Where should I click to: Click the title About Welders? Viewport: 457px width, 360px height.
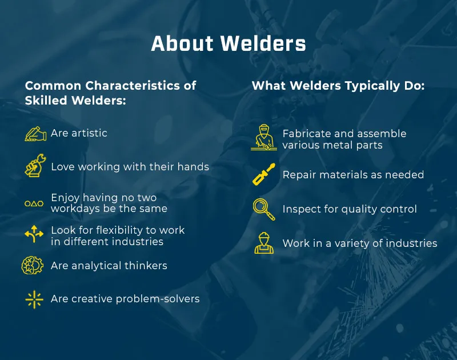(x=228, y=44)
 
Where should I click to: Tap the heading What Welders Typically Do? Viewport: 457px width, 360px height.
(x=338, y=86)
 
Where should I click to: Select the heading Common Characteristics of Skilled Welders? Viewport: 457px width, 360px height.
(x=110, y=93)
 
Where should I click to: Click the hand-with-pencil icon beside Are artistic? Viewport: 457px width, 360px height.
(x=35, y=134)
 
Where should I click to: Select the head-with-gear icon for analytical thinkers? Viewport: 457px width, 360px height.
(x=32, y=266)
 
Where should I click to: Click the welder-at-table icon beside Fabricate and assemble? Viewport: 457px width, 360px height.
(x=263, y=138)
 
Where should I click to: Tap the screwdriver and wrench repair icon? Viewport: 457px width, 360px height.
(x=263, y=174)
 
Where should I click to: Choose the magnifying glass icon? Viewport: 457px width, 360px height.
(x=263, y=209)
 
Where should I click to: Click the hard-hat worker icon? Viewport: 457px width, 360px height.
(x=263, y=243)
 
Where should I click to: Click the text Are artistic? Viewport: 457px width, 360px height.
(x=79, y=133)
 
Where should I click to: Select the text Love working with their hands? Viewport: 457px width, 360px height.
(x=130, y=167)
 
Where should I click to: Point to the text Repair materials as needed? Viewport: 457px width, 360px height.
(x=353, y=174)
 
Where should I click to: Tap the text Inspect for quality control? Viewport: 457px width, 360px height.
(x=350, y=209)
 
